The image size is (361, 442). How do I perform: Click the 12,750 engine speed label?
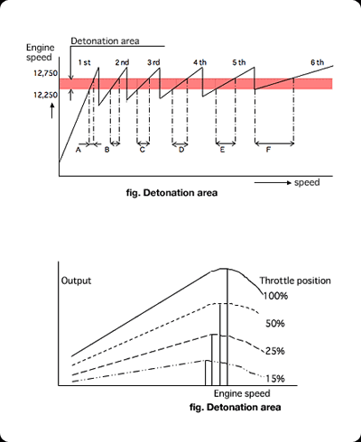pos(45,73)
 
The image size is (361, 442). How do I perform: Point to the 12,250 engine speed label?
pos(45,95)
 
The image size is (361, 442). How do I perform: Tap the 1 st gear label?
pos(84,62)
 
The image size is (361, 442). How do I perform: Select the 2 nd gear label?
pos(122,62)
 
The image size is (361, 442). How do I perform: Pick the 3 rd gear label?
pos(153,62)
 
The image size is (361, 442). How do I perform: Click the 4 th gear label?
pos(200,62)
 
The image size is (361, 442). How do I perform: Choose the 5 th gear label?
pos(239,62)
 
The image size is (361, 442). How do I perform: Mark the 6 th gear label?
pos(318,62)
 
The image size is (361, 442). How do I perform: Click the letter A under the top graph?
pos(79,150)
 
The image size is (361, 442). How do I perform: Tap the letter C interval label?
pos(143,150)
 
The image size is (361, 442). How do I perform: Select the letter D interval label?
pos(181,150)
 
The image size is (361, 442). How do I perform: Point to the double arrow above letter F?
pos(274,144)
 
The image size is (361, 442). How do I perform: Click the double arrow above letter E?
pos(226,143)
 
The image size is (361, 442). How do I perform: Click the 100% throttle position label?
pos(276,296)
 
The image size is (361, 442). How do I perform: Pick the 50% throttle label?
pos(275,324)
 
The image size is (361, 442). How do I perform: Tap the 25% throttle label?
pos(275,351)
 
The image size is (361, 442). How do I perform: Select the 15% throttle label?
pos(275,379)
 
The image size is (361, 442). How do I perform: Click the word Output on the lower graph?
pos(76,281)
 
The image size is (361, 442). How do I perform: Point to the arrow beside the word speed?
pos(273,183)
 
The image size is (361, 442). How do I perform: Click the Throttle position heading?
pos(295,281)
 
